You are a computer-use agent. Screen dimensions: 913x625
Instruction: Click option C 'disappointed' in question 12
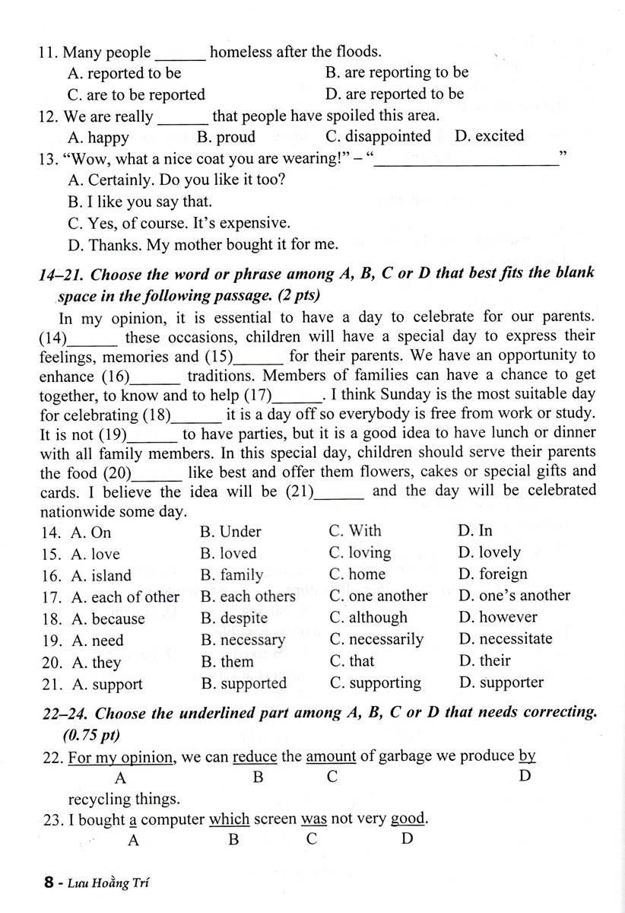click(x=378, y=136)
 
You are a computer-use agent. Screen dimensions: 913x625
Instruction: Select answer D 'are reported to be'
click(x=394, y=94)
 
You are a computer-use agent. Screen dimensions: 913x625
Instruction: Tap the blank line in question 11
click(x=180, y=53)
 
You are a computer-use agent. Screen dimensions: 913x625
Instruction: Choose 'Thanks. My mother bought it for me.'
click(x=203, y=244)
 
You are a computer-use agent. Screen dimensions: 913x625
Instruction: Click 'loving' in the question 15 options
click(x=360, y=553)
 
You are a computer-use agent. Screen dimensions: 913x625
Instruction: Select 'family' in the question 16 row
click(x=232, y=574)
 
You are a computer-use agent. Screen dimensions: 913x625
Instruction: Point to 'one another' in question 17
click(x=379, y=596)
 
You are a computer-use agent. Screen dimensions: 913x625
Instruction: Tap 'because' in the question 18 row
click(x=108, y=618)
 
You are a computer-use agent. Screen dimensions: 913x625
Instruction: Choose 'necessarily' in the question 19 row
click(x=376, y=639)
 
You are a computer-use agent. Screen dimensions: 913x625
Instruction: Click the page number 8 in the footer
click(x=49, y=883)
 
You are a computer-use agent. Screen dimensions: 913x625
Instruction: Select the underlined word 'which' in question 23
click(x=230, y=819)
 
